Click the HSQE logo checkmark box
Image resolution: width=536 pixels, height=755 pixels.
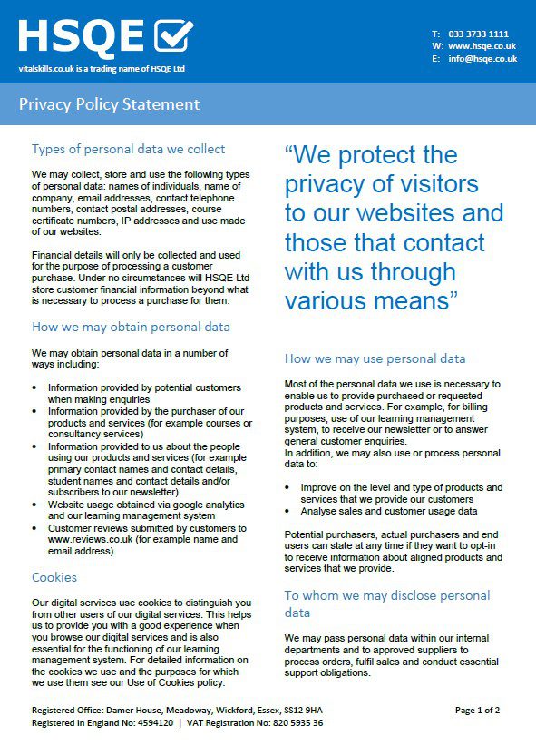point(174,35)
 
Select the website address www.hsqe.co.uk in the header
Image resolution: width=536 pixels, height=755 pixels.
point(482,46)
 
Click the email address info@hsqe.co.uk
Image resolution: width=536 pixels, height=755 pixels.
point(482,59)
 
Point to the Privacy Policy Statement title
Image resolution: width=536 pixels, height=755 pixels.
point(109,104)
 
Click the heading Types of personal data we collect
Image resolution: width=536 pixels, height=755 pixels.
point(128,149)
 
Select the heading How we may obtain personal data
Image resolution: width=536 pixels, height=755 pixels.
point(131,327)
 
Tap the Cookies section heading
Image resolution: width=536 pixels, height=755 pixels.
point(54,577)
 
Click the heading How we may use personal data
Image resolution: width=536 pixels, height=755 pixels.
point(375,358)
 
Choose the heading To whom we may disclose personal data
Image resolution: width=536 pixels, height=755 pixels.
point(386,603)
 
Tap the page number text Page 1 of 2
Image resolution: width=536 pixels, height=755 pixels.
point(477,710)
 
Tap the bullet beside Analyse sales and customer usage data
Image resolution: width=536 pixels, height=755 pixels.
point(288,511)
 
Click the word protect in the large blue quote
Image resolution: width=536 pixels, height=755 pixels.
point(357,155)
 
